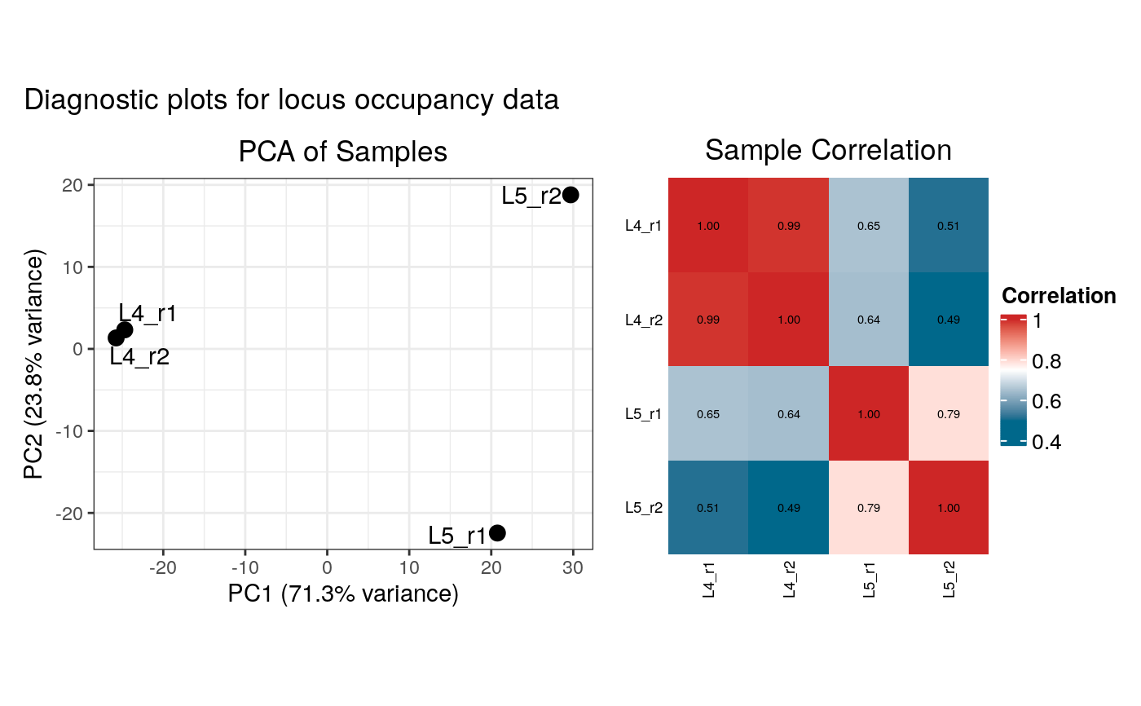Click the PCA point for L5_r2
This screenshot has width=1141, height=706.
(x=570, y=195)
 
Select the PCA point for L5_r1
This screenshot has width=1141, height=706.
(x=497, y=533)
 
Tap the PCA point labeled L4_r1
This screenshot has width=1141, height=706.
(x=125, y=330)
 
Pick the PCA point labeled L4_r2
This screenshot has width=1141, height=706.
(x=116, y=338)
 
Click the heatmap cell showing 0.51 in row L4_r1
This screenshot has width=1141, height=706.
(x=948, y=226)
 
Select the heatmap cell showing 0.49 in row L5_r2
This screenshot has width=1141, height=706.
(x=788, y=508)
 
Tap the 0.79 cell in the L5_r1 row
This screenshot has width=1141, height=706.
(x=948, y=414)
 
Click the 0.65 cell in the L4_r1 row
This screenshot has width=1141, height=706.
(x=868, y=226)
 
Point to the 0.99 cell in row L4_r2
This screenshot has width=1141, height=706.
(x=708, y=320)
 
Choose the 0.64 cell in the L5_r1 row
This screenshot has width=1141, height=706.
(x=788, y=414)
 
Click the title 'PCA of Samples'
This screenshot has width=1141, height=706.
(x=342, y=152)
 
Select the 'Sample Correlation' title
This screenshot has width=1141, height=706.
(x=828, y=150)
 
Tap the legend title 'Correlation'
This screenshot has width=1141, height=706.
(x=1058, y=296)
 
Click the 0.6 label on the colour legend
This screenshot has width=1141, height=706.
(x=1046, y=402)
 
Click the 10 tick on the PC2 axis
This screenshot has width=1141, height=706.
(x=74, y=267)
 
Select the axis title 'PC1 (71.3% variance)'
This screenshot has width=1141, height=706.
(x=343, y=594)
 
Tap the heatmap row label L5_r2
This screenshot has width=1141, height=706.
(x=644, y=508)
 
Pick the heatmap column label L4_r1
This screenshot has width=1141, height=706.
(x=708, y=580)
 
